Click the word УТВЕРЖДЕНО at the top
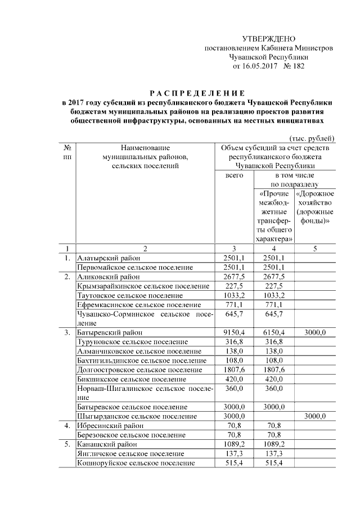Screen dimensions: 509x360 click(x=268, y=39)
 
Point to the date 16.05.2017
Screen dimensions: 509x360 click(x=260, y=66)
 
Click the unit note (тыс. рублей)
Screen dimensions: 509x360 click(x=312, y=138)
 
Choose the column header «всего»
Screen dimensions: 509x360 click(x=233, y=175)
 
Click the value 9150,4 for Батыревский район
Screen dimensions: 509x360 click(x=233, y=332)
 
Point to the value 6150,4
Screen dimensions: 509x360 click(x=274, y=332)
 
